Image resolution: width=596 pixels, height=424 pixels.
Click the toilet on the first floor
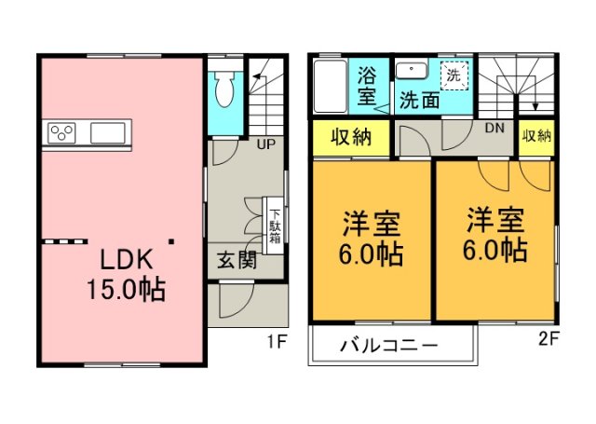point(225,89)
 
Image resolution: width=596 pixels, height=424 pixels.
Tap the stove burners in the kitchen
point(61,133)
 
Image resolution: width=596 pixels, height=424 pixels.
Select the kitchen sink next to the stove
point(108,133)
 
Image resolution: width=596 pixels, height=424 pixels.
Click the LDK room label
point(127,260)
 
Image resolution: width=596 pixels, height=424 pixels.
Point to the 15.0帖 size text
point(127,290)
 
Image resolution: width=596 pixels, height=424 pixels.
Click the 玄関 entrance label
point(237,261)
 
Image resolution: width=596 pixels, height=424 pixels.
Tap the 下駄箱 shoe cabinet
point(274,226)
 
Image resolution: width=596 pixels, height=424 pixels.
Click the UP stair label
point(265,144)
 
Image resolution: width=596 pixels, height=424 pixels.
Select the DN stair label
point(494,128)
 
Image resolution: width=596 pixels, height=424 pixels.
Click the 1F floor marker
point(277,342)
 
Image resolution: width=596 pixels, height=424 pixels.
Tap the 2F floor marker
point(549,338)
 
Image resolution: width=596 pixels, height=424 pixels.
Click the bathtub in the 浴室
point(331,86)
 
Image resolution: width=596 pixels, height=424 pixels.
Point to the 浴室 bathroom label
point(367,86)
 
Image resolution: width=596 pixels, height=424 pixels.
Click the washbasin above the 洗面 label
point(412,71)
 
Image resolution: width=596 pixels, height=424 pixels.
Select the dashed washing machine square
point(454,75)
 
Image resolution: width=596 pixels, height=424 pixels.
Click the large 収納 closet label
point(351,137)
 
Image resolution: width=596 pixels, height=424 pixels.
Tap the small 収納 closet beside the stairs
point(536,136)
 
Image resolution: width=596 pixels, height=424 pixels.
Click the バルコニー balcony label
point(389,346)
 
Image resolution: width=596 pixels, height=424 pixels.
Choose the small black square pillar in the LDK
point(171,241)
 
